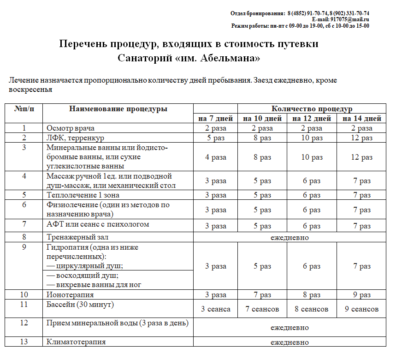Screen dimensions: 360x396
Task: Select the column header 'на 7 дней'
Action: pos(215,119)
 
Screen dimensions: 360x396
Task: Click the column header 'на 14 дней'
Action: pos(361,119)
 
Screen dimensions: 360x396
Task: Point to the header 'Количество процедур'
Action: pos(312,109)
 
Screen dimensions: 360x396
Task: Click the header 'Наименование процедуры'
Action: pos(118,109)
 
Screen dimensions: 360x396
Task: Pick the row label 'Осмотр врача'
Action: pos(71,128)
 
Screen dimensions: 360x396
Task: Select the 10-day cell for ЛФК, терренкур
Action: pos(262,138)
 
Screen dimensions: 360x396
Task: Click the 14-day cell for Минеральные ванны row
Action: pos(361,157)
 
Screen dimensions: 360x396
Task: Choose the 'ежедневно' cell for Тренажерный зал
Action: pos(289,238)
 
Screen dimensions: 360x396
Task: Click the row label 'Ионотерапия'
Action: pos(70,294)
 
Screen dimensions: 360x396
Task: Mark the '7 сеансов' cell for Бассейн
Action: pos(262,309)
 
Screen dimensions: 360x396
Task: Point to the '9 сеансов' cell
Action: pos(361,309)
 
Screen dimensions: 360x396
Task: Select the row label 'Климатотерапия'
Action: pos(76,342)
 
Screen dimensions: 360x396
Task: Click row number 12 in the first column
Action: pos(24,323)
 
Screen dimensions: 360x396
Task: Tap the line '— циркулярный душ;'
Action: pos(84,266)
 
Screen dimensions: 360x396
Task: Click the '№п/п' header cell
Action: pos(24,109)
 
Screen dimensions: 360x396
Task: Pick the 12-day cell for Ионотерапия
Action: pos(312,295)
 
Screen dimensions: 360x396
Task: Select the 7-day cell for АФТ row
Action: pos(215,226)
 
